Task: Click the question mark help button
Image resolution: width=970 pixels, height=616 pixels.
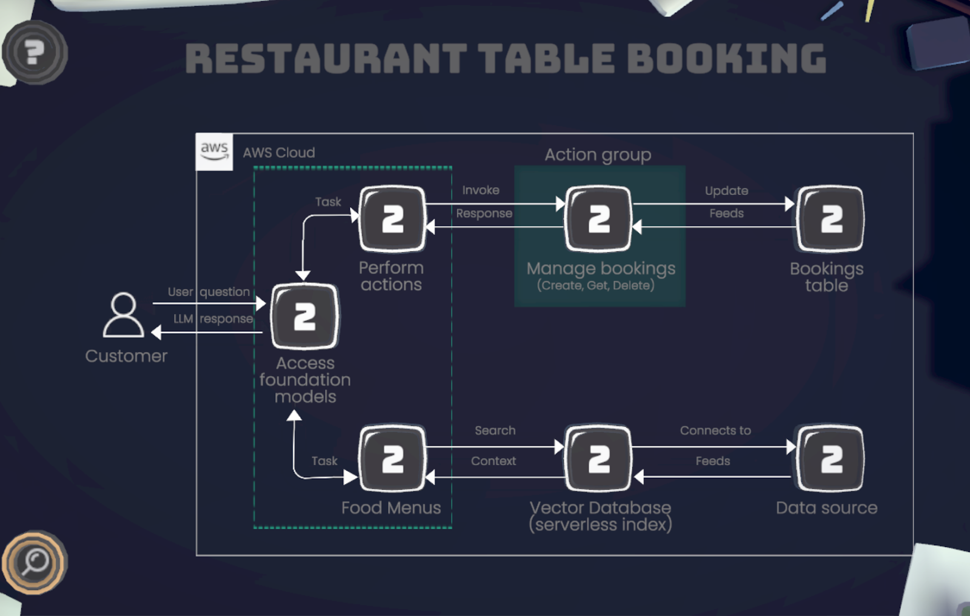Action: tap(35, 53)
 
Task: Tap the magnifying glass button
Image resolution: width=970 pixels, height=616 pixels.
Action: tap(35, 562)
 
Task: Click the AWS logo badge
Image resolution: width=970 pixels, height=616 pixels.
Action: tap(214, 151)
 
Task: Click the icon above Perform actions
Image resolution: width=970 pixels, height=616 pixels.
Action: tap(392, 219)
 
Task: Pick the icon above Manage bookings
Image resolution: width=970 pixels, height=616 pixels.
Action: tap(598, 219)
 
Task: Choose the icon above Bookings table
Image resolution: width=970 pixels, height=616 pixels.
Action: tap(831, 219)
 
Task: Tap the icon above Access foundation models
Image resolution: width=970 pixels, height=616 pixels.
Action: tap(304, 316)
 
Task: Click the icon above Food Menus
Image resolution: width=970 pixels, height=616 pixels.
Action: tap(392, 459)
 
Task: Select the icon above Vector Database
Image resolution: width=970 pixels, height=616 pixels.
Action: tap(598, 459)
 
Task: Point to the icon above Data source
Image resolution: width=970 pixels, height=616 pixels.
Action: tap(831, 459)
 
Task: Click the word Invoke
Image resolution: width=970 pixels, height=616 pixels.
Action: tap(481, 190)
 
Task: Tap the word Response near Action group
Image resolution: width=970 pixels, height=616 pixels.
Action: tap(484, 213)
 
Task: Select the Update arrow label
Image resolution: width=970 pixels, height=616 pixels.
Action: tap(726, 191)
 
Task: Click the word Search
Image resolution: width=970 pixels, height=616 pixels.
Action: tap(495, 431)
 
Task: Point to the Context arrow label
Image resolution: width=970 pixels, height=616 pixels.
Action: tap(493, 461)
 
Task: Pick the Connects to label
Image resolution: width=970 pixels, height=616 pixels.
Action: tap(715, 431)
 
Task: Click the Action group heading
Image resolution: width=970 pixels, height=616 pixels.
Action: tap(598, 155)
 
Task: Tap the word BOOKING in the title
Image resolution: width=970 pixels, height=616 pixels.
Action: tap(726, 59)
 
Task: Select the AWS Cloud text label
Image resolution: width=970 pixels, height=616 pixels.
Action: tap(279, 153)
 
